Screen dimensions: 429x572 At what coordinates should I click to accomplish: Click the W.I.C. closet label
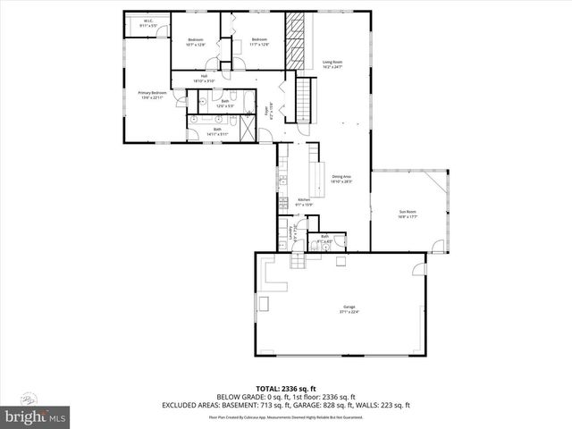click(x=149, y=23)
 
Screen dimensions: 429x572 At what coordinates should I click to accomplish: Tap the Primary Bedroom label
click(x=153, y=95)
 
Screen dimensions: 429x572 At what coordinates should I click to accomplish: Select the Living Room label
click(x=332, y=64)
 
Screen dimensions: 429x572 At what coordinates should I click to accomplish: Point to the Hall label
click(x=204, y=79)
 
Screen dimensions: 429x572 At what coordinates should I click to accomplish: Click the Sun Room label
click(x=408, y=214)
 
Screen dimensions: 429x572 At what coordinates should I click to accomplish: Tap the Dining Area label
click(x=341, y=179)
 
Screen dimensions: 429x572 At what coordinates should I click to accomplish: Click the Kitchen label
click(x=291, y=202)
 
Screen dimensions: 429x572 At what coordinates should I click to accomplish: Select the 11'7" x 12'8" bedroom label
click(x=259, y=42)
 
